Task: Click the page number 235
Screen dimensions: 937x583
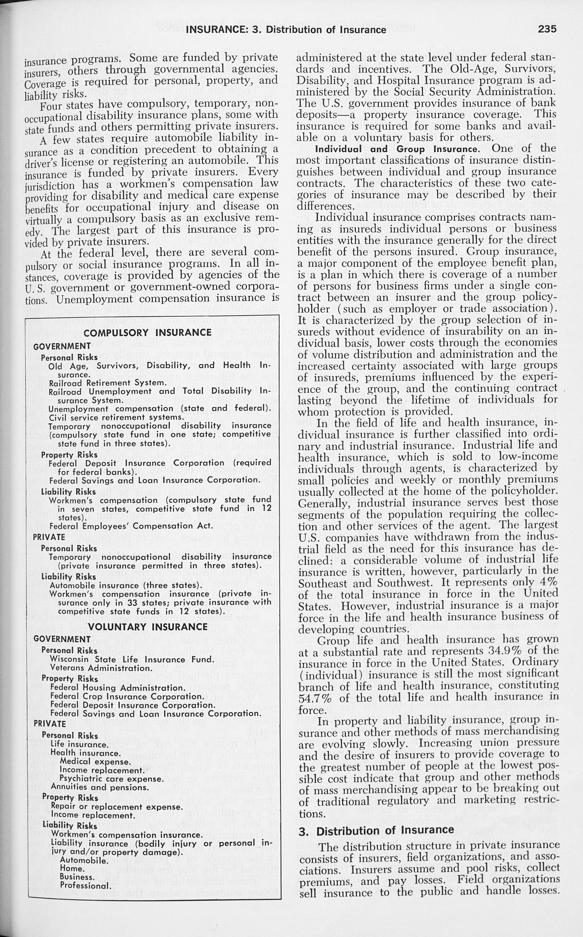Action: tap(547, 29)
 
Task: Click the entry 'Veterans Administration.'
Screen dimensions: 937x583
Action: tap(101, 668)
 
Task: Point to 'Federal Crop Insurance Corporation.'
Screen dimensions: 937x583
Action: tap(127, 696)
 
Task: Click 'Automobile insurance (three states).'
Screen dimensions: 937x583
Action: tap(126, 585)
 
